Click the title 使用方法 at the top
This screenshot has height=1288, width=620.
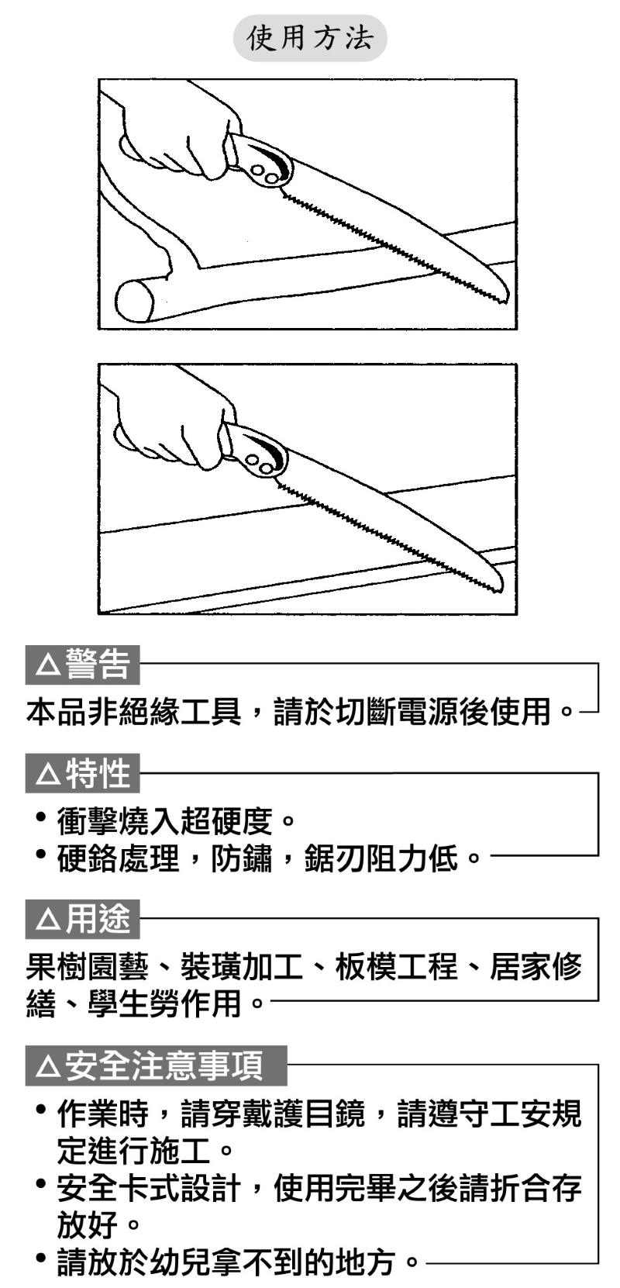[x=310, y=38]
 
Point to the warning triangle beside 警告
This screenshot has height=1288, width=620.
[x=48, y=665]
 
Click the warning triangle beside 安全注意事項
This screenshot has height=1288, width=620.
[x=48, y=1066]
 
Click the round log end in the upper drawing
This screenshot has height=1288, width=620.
[x=135, y=300]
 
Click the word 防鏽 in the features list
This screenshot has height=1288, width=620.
[x=241, y=859]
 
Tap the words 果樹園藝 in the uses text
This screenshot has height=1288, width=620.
[x=88, y=966]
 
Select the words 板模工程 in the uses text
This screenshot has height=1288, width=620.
[x=397, y=966]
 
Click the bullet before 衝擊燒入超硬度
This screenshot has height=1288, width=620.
[x=40, y=817]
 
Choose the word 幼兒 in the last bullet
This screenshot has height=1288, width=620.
[x=180, y=1262]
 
